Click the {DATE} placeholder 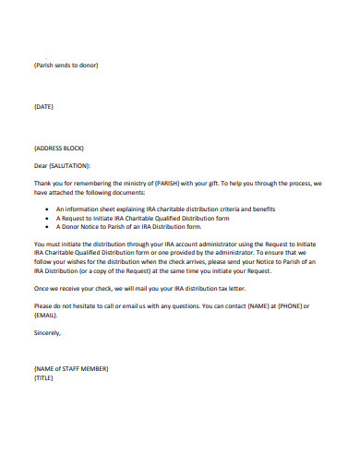tap(43, 106)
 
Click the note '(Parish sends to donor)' tap(66, 65)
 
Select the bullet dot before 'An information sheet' tap(47, 209)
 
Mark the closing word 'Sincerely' tap(48, 331)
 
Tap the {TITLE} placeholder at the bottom tap(43, 378)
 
